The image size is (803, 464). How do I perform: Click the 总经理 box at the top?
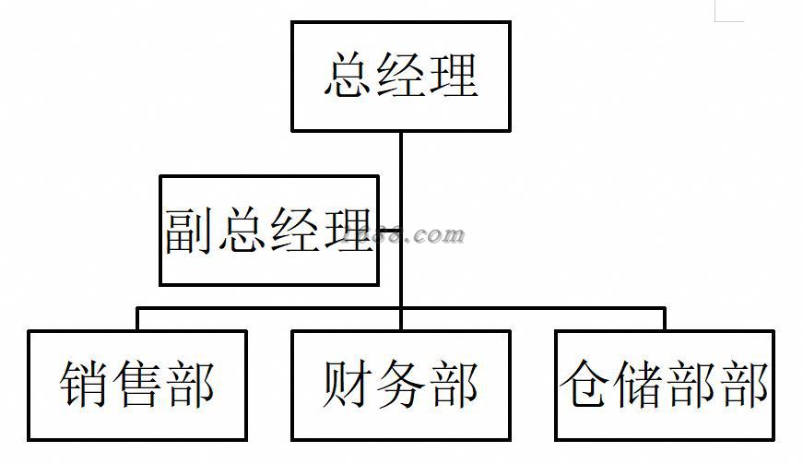[401, 77]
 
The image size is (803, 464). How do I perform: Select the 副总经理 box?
[269, 231]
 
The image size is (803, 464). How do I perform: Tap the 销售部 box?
[137, 385]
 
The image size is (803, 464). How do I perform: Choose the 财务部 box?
[401, 385]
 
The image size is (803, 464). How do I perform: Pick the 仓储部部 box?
[665, 385]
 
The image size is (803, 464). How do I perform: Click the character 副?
[190, 231]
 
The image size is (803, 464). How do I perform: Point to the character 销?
[86, 385]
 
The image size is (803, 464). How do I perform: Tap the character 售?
[137, 385]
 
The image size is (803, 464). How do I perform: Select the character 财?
[349, 385]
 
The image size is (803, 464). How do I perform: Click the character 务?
[401, 385]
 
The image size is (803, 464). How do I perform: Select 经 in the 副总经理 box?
[294, 231]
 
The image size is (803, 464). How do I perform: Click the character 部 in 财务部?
[453, 385]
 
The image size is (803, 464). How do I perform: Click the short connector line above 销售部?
[137, 318]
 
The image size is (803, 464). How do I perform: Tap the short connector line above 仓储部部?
[665, 318]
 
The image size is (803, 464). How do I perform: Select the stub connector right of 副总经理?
[390, 231]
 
